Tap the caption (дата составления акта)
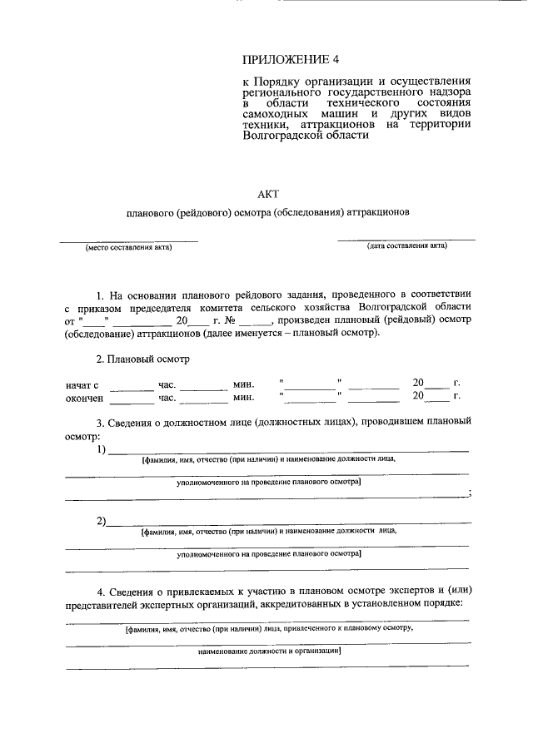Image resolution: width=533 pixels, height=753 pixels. tap(407, 246)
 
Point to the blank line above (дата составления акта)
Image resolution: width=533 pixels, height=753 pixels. tap(406, 240)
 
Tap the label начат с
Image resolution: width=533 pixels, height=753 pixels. tap(82, 384)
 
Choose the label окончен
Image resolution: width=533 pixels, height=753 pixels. tap(85, 398)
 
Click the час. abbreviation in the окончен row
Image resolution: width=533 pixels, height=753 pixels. tap(167, 398)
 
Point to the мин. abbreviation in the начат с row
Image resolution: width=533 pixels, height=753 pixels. tap(243, 384)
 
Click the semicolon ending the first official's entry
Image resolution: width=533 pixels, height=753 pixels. tap(470, 493)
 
